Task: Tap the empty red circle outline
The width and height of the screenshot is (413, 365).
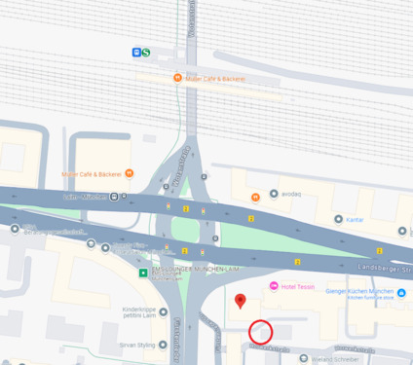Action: pyautogui.click(x=260, y=332)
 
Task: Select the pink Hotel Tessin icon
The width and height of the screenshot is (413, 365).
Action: pyautogui.click(x=274, y=285)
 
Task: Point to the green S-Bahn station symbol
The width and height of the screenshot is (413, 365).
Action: pyautogui.click(x=146, y=53)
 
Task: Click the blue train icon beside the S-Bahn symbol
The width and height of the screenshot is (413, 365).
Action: pyautogui.click(x=135, y=53)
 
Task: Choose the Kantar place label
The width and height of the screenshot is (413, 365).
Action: pyautogui.click(x=355, y=220)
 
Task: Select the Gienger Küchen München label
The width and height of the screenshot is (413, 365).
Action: pyautogui.click(x=360, y=291)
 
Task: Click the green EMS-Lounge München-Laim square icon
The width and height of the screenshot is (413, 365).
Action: pyautogui.click(x=144, y=273)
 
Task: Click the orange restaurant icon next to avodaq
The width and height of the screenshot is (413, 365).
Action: pyautogui.click(x=255, y=197)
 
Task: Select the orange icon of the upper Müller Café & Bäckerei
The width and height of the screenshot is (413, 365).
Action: pyautogui.click(x=177, y=78)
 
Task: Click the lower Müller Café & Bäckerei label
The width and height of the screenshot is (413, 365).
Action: pyautogui.click(x=92, y=174)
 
